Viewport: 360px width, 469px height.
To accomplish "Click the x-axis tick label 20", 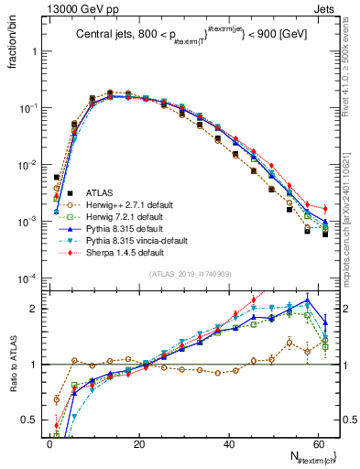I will [139, 443].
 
